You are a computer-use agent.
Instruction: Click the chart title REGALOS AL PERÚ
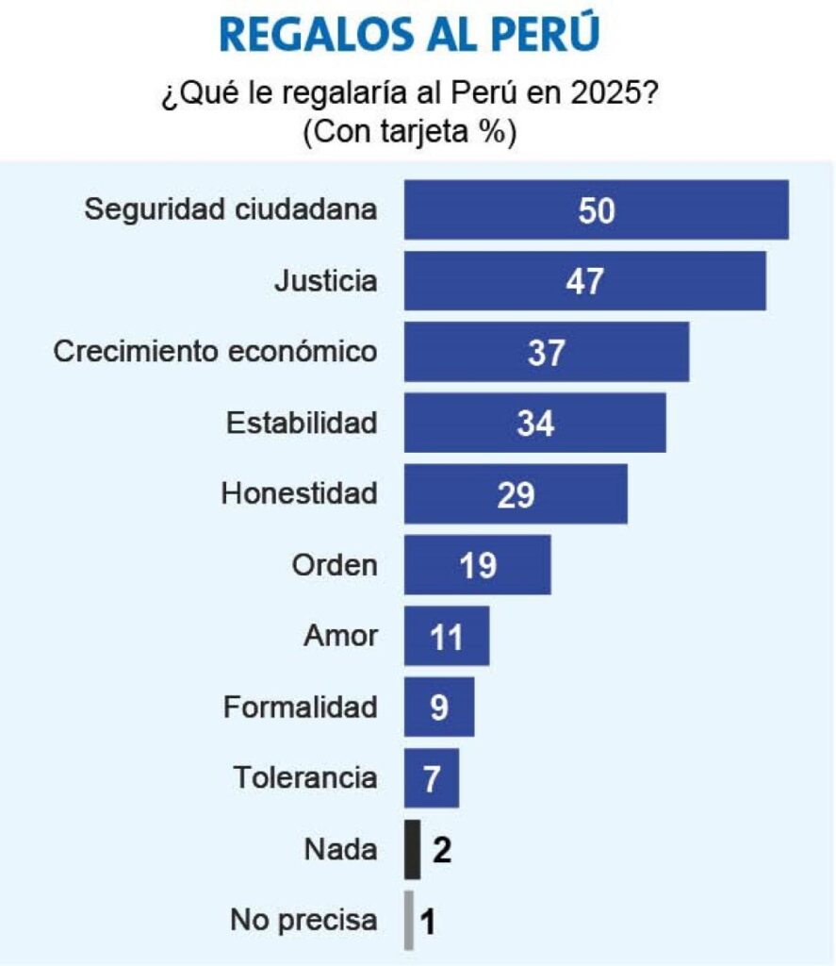(x=409, y=35)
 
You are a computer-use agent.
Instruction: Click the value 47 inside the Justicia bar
(x=584, y=281)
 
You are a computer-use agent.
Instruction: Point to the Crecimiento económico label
(x=215, y=351)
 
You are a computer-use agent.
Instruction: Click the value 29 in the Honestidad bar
(x=516, y=495)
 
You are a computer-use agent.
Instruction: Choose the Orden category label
(x=335, y=565)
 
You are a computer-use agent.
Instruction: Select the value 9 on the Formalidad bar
(x=439, y=708)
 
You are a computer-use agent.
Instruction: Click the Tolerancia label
(x=305, y=778)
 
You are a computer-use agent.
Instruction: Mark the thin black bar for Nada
(x=412, y=850)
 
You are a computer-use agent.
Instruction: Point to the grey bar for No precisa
(x=409, y=921)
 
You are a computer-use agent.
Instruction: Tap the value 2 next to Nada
(x=442, y=850)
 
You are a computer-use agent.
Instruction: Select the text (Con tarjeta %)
(x=409, y=133)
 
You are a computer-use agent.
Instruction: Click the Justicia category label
(x=325, y=280)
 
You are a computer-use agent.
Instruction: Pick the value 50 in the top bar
(x=597, y=210)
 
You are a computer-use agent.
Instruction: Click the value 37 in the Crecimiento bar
(x=547, y=353)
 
